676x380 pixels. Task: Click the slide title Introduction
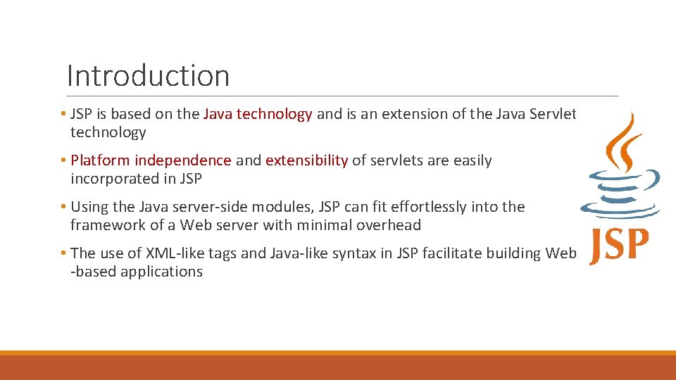(148, 75)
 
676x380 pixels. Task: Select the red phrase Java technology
(258, 114)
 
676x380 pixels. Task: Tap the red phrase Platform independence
(151, 160)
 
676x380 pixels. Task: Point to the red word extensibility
(306, 160)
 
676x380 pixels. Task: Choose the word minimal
(325, 225)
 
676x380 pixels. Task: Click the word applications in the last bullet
(161, 272)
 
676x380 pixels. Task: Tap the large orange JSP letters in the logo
(619, 244)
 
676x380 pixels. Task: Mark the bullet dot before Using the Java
(63, 207)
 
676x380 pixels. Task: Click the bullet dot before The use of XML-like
(63, 253)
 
